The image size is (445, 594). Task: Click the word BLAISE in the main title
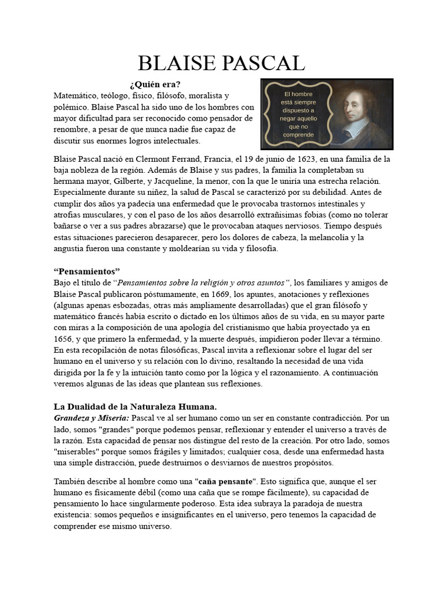177,63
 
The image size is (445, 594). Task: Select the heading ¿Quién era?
155,84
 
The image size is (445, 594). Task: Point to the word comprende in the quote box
298,135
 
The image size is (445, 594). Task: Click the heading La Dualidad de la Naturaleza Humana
135,407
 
